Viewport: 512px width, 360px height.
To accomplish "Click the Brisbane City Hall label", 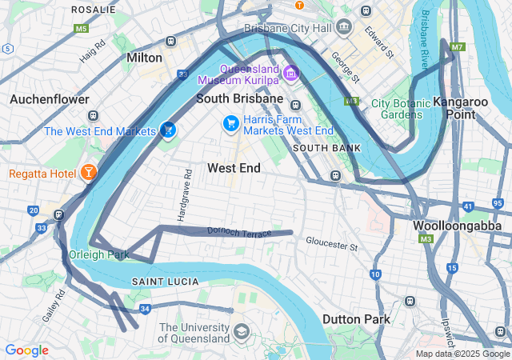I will coord(289,28).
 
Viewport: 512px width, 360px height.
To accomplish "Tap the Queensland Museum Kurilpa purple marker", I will coord(290,74).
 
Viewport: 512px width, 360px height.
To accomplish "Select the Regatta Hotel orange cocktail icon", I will coord(88,173).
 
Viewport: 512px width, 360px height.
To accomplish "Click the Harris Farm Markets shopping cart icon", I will coord(230,123).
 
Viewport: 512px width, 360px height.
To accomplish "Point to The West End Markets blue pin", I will coord(167,129).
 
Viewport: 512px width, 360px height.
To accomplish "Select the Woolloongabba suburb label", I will coord(456,226).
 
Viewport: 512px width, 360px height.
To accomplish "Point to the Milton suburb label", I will coord(144,58).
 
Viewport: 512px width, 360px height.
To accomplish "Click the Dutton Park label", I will coord(356,318).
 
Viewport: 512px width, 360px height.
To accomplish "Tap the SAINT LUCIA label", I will coord(161,282).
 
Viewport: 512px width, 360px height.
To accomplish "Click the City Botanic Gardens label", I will coord(401,109).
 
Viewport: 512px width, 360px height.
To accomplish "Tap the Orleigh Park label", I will coord(98,255).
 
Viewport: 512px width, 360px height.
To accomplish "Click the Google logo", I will coord(26,350).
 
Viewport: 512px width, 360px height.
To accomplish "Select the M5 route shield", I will coord(81,28).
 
